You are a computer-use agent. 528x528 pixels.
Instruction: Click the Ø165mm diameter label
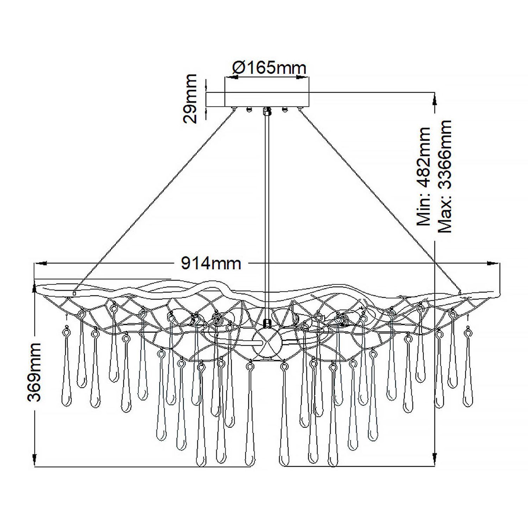pyautogui.click(x=269, y=68)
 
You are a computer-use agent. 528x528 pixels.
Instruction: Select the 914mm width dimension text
pyautogui.click(x=211, y=263)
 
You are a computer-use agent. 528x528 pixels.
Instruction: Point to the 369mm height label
pyautogui.click(x=35, y=372)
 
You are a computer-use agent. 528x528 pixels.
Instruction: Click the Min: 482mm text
pyautogui.click(x=424, y=176)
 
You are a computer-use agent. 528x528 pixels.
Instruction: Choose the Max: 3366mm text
pyautogui.click(x=444, y=176)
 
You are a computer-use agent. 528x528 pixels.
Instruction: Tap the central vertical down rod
pyautogui.click(x=268, y=211)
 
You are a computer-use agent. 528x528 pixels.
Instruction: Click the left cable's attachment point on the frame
pyautogui.click(x=74, y=293)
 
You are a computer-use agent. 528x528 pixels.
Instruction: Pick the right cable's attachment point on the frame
pyautogui.click(x=460, y=292)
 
